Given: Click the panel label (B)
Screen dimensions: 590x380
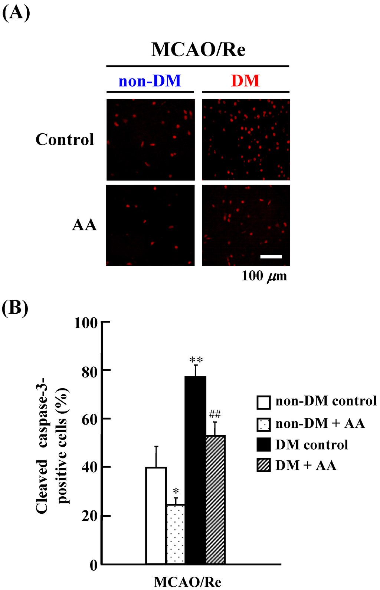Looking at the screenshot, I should (x=15, y=308).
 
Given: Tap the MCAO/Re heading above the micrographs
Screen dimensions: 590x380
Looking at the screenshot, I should (x=198, y=49).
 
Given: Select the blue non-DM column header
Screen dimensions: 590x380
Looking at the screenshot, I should (x=150, y=81).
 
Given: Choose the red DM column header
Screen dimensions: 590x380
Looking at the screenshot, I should (x=245, y=81).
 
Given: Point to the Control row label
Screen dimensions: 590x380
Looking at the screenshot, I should (x=65, y=140).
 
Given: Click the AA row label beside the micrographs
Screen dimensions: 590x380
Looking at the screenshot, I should (x=84, y=225).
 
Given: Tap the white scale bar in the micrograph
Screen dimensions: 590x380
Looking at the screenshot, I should (x=271, y=256).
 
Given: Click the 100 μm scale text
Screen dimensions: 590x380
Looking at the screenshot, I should (x=264, y=276).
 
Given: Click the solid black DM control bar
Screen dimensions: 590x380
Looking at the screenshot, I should (x=195, y=470).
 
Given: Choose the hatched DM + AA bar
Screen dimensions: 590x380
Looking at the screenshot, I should (x=215, y=500).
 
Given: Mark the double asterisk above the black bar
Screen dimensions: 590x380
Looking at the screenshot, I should (x=196, y=360).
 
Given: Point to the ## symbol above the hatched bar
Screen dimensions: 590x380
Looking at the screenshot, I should (x=214, y=414).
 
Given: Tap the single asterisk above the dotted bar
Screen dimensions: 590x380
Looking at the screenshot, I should (x=176, y=491).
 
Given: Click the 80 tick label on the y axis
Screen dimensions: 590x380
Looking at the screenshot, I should (x=89, y=371).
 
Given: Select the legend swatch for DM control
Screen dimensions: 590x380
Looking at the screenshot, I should (x=263, y=444).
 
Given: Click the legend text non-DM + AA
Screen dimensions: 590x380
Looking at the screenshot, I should (x=320, y=423).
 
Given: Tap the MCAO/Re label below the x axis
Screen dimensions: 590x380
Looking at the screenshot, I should (x=187, y=582).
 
